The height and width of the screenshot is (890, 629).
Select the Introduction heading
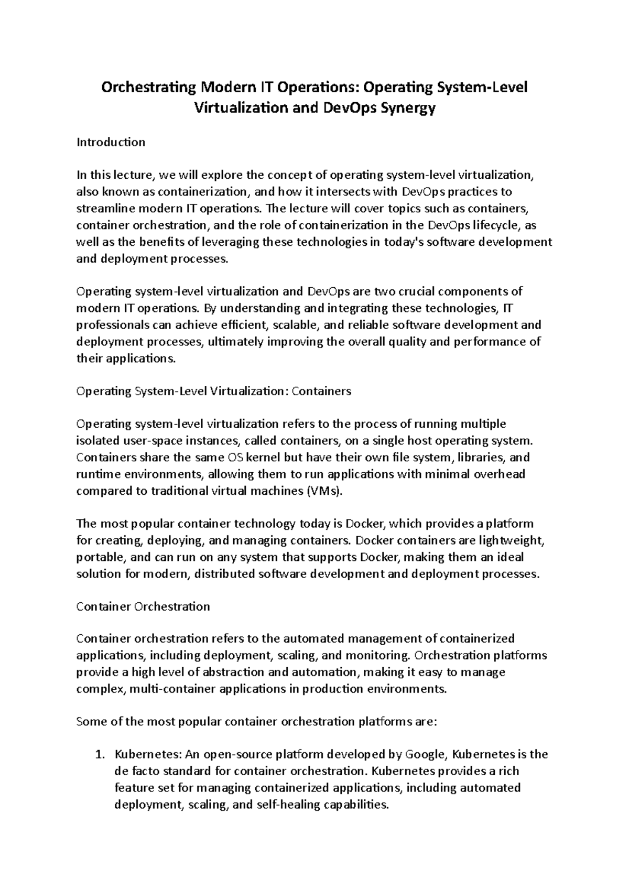[111, 142]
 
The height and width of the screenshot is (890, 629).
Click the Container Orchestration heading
[143, 606]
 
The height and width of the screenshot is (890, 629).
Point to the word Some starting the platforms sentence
[92, 722]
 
